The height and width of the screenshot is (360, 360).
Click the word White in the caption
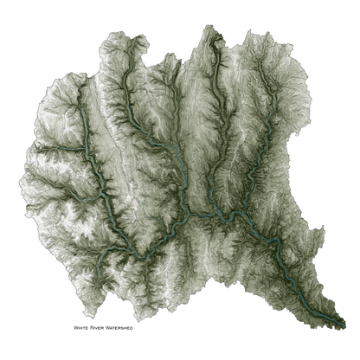[83, 328]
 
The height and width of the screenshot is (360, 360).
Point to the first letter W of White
[77, 328]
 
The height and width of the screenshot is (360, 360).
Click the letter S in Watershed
[128, 328]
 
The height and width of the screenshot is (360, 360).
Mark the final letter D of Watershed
[140, 328]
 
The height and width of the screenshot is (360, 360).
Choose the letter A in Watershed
[118, 328]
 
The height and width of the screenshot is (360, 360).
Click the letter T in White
[87, 328]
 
